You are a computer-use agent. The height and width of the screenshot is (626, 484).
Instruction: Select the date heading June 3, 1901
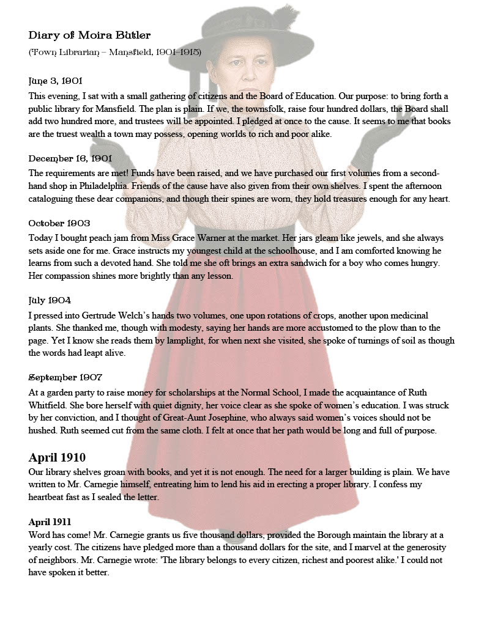(x=56, y=81)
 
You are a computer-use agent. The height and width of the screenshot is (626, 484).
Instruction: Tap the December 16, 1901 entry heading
(x=70, y=158)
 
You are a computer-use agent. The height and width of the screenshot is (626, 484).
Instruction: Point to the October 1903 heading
(x=59, y=223)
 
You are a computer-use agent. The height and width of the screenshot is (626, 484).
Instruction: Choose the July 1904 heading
(x=50, y=300)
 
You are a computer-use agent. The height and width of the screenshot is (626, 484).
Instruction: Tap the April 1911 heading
(x=50, y=521)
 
